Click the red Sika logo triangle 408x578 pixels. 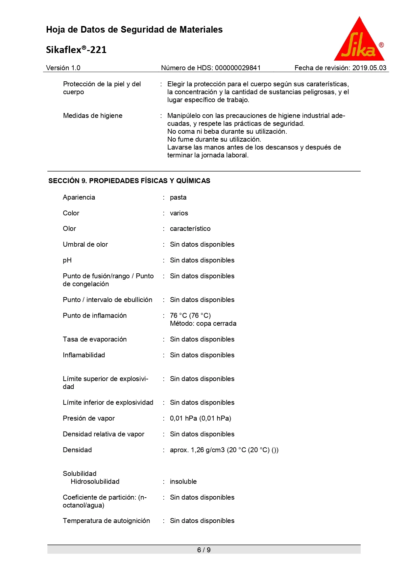pyautogui.click(x=359, y=41)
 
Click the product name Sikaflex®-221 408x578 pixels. pyautogui.click(x=76, y=50)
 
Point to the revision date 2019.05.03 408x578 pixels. pyautogui.click(x=369, y=68)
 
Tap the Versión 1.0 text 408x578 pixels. pyautogui.click(x=63, y=68)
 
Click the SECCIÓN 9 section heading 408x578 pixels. pyautogui.click(x=129, y=181)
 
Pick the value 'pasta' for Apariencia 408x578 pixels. pyautogui.click(x=178, y=197)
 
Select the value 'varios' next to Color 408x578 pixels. pyautogui.click(x=179, y=213)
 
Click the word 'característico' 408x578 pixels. pyautogui.click(x=190, y=229)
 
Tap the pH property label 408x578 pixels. pyautogui.click(x=67, y=260)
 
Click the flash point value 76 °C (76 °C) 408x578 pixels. pyautogui.click(x=190, y=316)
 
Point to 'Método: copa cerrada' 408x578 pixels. pyautogui.click(x=203, y=323)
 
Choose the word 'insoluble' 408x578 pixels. pyautogui.click(x=183, y=482)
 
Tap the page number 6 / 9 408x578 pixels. pyautogui.click(x=204, y=550)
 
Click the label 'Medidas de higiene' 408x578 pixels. pyautogui.click(x=93, y=116)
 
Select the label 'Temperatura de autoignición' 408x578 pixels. pyautogui.click(x=106, y=521)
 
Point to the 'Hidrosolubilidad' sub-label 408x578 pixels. pyautogui.click(x=95, y=482)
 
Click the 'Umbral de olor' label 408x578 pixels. pyautogui.click(x=85, y=244)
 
